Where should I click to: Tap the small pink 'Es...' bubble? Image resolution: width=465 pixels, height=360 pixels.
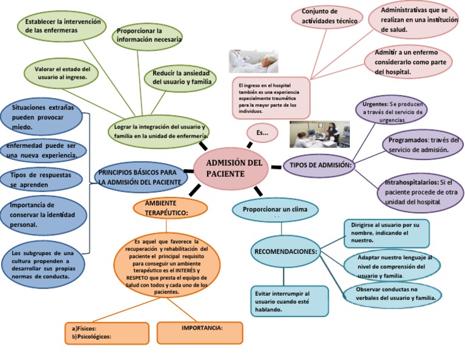(x=262, y=132)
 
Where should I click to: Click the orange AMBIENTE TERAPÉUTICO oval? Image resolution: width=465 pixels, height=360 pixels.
(x=170, y=207)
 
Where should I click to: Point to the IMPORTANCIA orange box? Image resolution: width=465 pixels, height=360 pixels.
(x=202, y=331)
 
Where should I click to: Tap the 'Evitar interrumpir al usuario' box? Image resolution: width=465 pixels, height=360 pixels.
(x=289, y=301)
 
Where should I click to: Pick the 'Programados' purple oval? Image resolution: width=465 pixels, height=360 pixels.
(x=421, y=145)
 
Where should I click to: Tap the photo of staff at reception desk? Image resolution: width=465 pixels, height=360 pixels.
(x=319, y=135)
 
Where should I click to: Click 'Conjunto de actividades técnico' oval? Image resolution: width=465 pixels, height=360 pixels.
(x=323, y=16)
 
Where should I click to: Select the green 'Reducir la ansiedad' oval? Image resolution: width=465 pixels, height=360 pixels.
(x=180, y=77)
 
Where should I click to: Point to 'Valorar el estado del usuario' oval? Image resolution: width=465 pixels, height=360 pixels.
(x=62, y=73)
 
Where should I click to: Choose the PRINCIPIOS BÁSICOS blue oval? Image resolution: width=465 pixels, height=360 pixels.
(x=140, y=176)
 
